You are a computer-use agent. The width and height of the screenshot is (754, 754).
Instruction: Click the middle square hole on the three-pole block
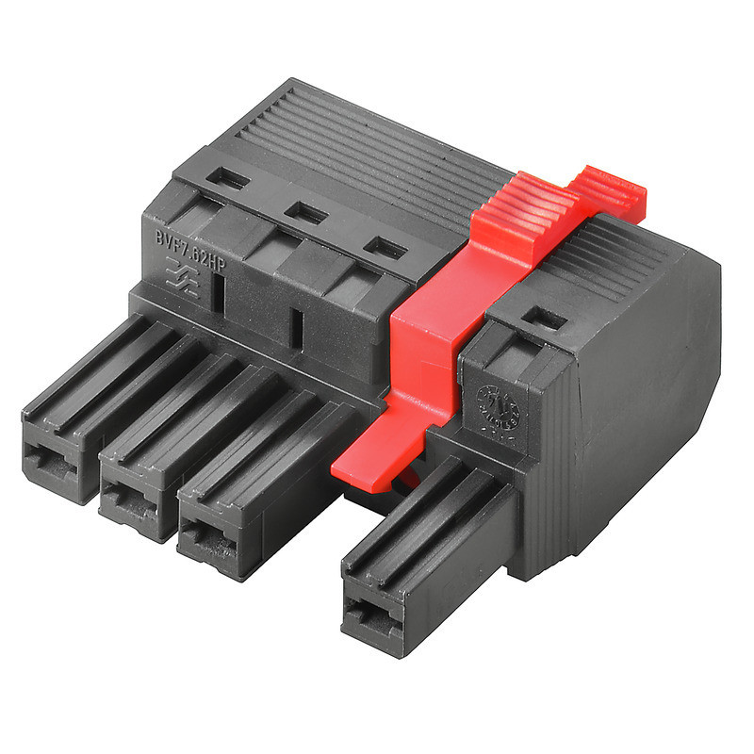click(x=305, y=213)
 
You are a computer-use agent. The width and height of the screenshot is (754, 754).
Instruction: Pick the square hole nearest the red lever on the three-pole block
click(x=385, y=249)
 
